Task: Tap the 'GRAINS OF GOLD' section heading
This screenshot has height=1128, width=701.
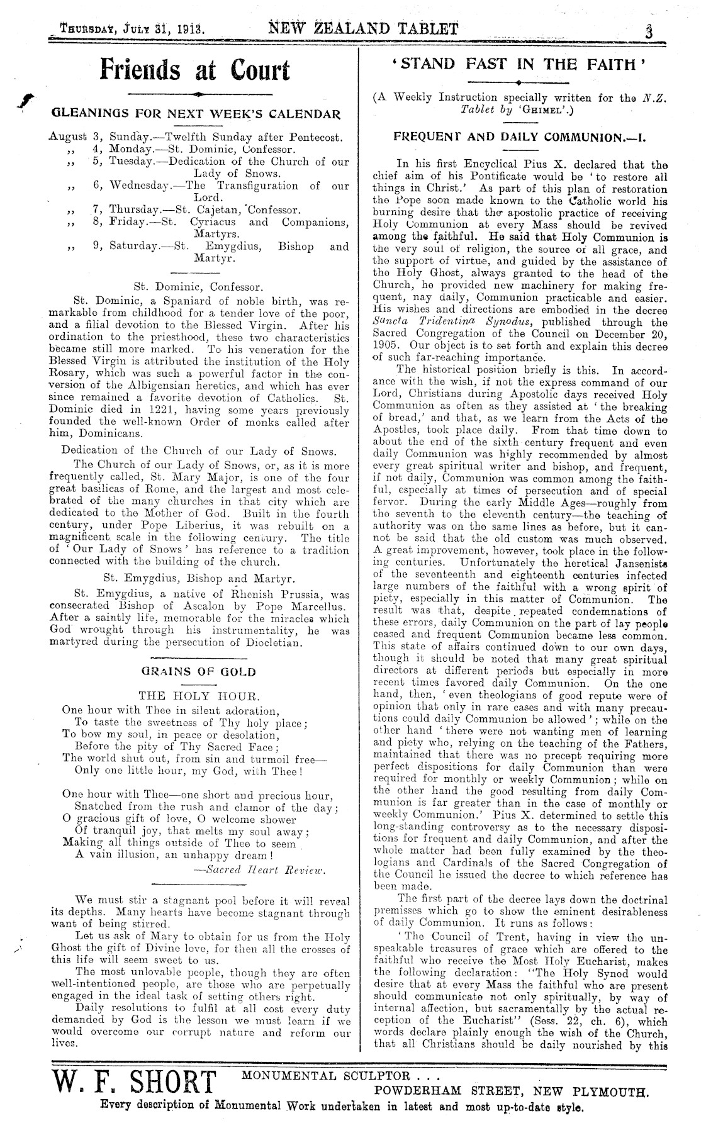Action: [198, 671]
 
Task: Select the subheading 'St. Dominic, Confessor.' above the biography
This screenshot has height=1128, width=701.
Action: [198, 286]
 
